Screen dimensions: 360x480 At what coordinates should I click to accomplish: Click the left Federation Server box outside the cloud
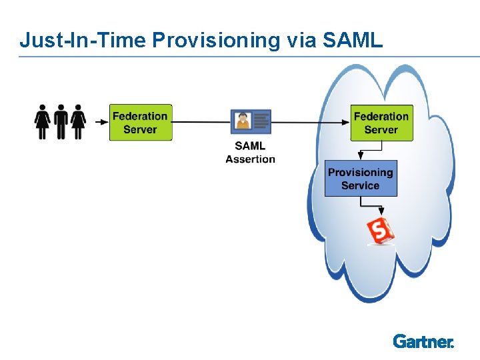point(141,123)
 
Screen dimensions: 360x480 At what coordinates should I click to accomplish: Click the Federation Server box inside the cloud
point(381,123)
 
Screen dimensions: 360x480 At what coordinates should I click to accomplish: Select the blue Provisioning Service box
point(361,179)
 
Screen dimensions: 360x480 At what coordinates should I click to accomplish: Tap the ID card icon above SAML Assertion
point(251,121)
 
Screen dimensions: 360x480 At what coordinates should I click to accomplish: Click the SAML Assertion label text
point(251,152)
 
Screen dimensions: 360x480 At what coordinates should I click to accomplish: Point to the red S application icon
point(381,231)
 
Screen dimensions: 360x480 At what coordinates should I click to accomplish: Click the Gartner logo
point(423,341)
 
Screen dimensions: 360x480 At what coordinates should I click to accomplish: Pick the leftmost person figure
point(43,121)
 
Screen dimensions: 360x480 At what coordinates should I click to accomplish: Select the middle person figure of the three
point(61,121)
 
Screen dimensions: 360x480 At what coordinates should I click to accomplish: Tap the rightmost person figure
point(79,121)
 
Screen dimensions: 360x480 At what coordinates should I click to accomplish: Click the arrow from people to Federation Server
point(101,122)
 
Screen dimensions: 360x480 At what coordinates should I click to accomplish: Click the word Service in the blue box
point(361,185)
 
